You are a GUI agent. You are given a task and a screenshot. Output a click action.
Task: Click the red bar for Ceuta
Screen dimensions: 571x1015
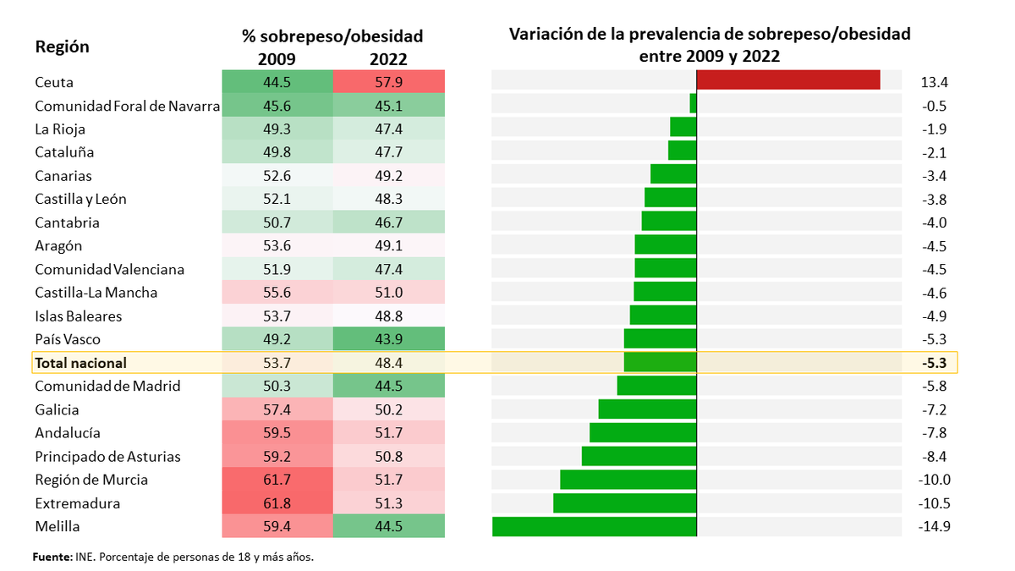[787, 80]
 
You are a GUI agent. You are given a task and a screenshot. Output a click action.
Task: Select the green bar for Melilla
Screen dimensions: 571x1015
[594, 526]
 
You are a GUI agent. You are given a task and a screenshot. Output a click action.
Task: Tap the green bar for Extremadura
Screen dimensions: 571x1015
[624, 503]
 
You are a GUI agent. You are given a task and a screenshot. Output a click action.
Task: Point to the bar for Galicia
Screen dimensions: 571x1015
[647, 409]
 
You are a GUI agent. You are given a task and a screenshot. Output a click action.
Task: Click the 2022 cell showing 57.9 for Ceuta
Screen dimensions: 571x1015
[389, 83]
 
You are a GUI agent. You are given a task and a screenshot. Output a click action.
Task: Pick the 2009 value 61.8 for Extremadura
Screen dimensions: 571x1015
[277, 503]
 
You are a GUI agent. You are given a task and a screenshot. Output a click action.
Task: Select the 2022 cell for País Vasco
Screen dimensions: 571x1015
[389, 340]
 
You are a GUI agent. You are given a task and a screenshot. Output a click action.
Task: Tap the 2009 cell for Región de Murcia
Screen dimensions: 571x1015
[277, 480]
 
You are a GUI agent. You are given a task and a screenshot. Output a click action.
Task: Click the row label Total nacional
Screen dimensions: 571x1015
[80, 363]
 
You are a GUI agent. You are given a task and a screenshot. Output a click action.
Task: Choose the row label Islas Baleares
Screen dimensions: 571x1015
[78, 316]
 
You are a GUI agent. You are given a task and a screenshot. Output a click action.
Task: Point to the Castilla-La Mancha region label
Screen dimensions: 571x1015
[96, 293]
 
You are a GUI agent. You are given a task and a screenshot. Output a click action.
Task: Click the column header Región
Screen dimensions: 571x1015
[62, 47]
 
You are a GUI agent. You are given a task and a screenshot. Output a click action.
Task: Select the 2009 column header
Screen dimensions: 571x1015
[277, 59]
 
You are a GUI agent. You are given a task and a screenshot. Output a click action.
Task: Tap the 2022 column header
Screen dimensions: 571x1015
[388, 59]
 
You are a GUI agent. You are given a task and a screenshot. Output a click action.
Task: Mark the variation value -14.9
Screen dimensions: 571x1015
[934, 527]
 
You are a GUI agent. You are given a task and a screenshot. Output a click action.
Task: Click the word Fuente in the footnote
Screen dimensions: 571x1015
[52, 557]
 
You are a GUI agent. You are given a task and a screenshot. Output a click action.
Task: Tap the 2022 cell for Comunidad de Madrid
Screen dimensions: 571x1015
[389, 387]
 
